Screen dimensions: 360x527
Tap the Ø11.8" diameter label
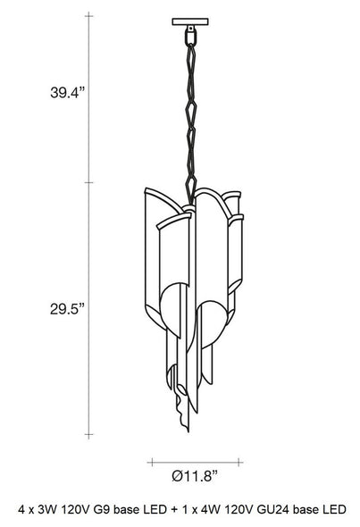click(x=195, y=476)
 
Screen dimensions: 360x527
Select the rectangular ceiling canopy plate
click(x=190, y=21)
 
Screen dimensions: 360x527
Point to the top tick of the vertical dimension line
click(x=88, y=16)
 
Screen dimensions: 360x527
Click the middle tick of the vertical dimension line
click(x=88, y=182)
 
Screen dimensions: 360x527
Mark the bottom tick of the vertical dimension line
click(x=88, y=435)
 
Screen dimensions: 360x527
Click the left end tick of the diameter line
click(x=152, y=462)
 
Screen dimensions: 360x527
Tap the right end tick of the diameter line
click(x=239, y=462)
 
